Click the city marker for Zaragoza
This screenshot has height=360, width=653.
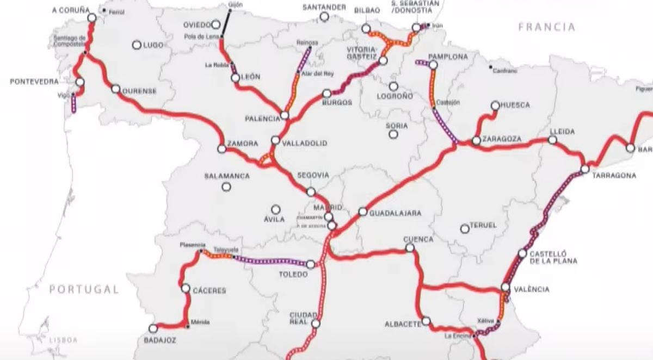476,140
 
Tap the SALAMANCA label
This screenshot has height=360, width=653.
227,176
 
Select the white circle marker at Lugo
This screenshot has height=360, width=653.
137,45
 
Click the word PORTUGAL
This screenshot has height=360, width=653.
84,290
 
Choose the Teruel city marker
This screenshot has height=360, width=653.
465,229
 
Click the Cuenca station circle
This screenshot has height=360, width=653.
410,248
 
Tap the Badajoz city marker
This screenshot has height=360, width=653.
153,328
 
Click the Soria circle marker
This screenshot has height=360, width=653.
393,134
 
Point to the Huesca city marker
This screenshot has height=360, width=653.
495,105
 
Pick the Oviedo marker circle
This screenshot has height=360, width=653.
216,24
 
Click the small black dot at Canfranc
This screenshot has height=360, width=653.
490,67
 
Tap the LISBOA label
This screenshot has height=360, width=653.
64,340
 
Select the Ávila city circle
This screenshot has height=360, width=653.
276,209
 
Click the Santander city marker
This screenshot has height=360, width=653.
324,17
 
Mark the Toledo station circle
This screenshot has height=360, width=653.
310,264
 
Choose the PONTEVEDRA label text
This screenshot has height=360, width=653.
34,82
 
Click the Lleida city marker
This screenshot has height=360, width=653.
552,140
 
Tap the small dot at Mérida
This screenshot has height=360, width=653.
188,327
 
